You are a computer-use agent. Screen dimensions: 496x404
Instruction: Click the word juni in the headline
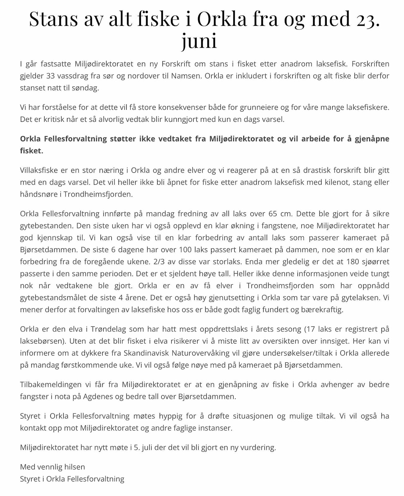(199, 41)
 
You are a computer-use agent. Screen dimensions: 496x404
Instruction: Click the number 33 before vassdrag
(51, 76)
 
